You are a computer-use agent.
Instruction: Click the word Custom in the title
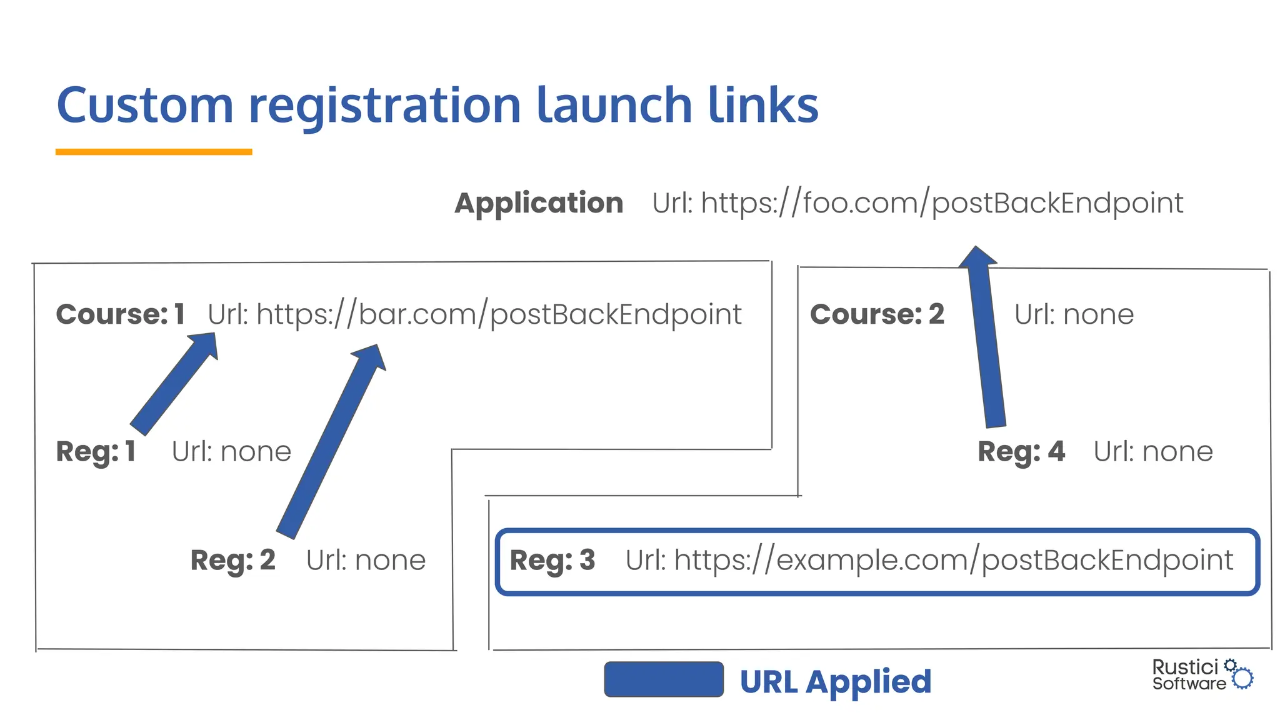(145, 105)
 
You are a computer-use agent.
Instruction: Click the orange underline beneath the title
(154, 151)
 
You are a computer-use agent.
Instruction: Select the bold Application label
(539, 203)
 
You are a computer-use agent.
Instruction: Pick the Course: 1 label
(120, 314)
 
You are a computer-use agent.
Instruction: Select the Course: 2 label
(877, 314)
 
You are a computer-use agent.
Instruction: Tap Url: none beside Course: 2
(1074, 314)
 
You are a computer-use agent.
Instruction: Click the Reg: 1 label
(96, 451)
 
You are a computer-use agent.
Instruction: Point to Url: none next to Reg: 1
(231, 451)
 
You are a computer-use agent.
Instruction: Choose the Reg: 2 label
(232, 560)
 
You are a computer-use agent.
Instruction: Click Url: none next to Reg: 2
(366, 560)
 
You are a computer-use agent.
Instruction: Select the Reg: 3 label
(552, 560)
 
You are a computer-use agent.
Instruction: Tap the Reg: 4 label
(1021, 451)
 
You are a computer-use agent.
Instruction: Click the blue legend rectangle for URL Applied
(664, 679)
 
